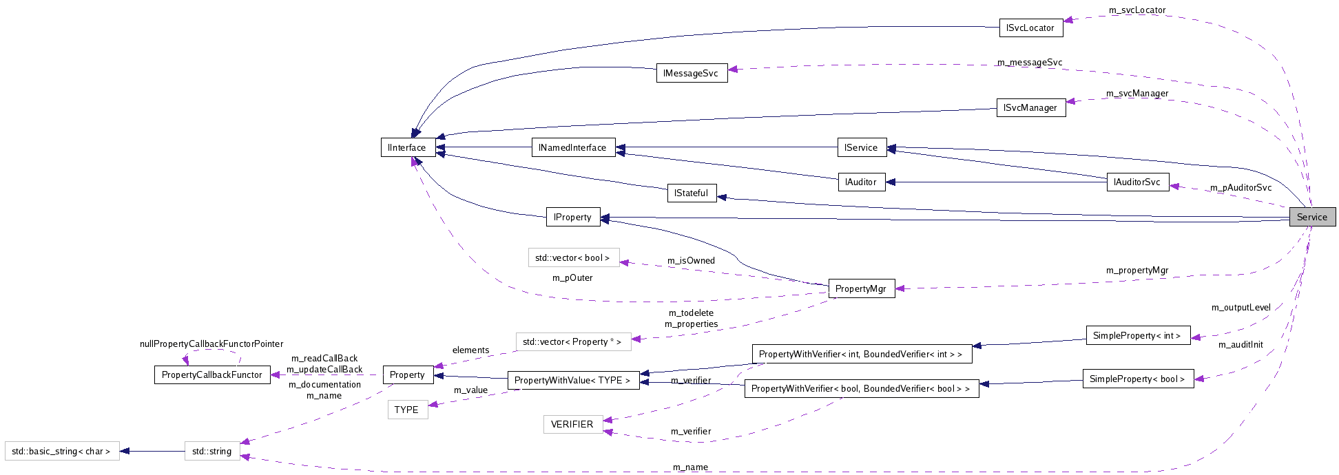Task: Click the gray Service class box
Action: pos(1312,217)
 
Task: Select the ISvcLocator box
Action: pos(1030,28)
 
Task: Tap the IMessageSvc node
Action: pos(691,74)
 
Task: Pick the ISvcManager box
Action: pos(1030,108)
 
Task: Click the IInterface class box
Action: pos(407,147)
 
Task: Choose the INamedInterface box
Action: pos(572,147)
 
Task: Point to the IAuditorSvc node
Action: pos(1137,182)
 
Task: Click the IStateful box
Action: pos(692,193)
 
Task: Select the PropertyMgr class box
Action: pos(861,289)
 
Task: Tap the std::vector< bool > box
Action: pos(573,258)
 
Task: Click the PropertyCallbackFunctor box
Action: pos(212,375)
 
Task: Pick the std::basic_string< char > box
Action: pos(61,452)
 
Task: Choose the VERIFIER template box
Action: pos(572,424)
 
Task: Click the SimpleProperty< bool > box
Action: pos(1137,379)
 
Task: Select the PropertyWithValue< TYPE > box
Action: pos(572,381)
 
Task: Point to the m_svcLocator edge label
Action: pos(1137,10)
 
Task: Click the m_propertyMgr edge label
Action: pos(1137,271)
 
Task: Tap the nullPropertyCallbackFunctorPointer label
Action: pos(211,344)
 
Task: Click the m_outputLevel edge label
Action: pos(1241,308)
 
